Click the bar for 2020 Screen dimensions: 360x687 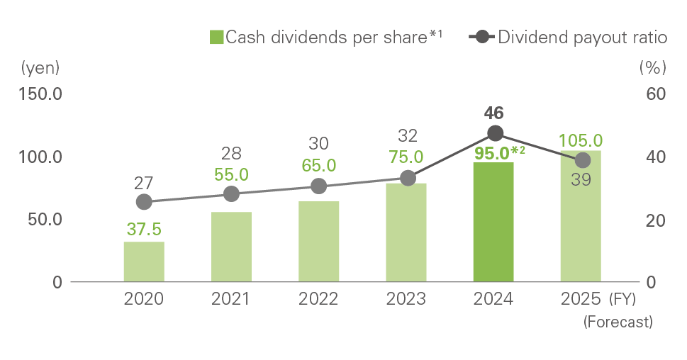[144, 261]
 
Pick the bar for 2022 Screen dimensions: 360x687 [319, 242]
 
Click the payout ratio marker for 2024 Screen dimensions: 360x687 [495, 133]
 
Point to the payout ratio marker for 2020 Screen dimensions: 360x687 [144, 202]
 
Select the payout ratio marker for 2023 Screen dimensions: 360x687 [407, 178]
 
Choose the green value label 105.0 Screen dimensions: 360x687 [581, 140]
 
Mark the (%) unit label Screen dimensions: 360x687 [653, 68]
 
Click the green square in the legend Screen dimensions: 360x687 [217, 38]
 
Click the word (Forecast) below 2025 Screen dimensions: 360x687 [617, 322]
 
